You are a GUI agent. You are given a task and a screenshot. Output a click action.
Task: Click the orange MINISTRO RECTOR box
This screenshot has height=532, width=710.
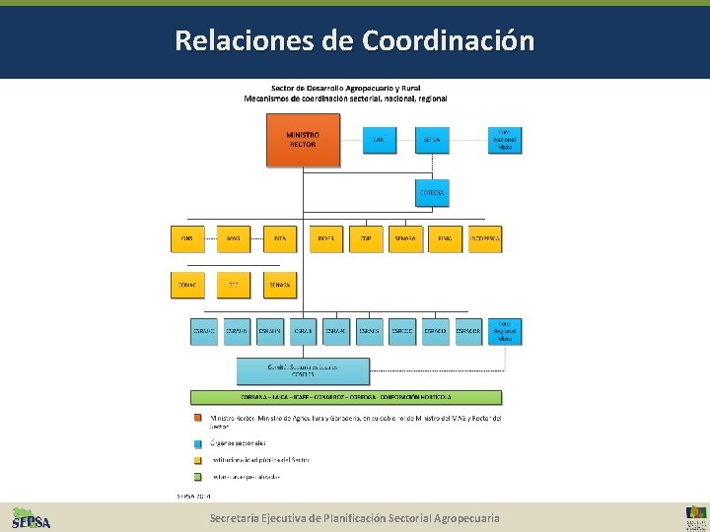(x=304, y=140)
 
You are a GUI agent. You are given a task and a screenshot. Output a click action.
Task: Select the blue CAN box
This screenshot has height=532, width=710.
(x=379, y=140)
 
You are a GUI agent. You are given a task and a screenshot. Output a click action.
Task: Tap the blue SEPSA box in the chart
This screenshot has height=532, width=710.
(x=431, y=140)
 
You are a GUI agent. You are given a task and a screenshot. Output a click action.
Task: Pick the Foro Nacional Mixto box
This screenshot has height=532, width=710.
(x=505, y=140)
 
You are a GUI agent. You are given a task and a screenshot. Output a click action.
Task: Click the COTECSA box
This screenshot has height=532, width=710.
(x=431, y=192)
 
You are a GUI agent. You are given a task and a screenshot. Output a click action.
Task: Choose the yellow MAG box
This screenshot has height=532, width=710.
(x=234, y=238)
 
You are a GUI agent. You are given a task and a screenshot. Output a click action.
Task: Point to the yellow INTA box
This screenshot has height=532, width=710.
(x=280, y=238)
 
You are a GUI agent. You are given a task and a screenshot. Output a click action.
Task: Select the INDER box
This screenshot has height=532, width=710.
(x=326, y=238)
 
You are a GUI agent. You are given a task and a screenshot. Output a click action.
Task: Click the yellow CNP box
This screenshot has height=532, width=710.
(x=366, y=238)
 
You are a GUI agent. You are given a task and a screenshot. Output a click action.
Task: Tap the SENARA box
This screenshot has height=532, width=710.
(x=405, y=238)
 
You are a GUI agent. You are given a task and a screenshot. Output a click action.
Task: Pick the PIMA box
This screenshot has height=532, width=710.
(x=445, y=238)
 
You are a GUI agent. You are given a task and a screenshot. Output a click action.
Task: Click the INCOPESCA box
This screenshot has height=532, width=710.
(x=484, y=238)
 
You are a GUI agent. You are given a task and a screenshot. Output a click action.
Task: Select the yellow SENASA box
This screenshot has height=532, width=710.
(x=280, y=285)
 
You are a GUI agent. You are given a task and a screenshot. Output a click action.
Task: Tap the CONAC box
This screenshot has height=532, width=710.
(x=187, y=285)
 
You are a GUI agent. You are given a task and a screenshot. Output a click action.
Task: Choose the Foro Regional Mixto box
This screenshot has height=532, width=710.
(x=505, y=331)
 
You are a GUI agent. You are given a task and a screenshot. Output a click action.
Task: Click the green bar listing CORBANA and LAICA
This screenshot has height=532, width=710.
(x=346, y=397)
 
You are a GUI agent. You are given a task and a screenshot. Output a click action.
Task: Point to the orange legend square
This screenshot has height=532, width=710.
(x=198, y=418)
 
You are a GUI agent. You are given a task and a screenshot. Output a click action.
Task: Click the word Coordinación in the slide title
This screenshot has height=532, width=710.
(x=449, y=40)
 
